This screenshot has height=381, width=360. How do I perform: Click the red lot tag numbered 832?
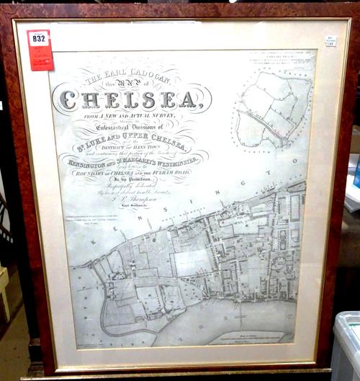[x=40, y=49]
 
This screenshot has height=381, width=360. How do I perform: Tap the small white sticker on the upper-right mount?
[x=330, y=41]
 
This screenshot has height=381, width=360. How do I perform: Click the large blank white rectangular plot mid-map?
[x=193, y=263]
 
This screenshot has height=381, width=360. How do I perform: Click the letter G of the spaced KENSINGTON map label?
[x=271, y=174]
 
